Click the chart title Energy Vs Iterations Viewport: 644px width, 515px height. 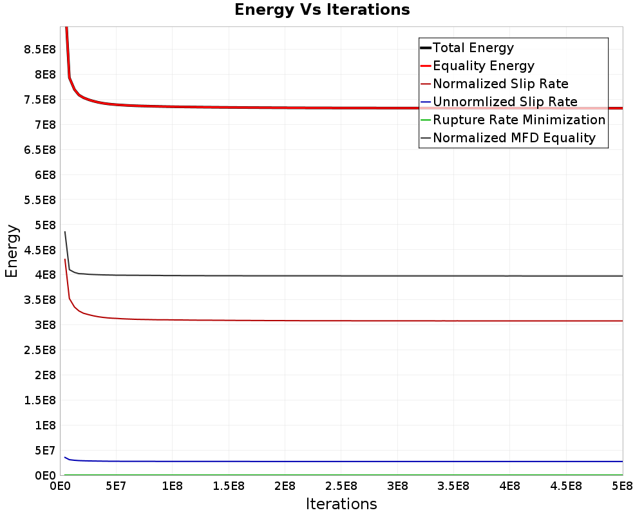coord(322,10)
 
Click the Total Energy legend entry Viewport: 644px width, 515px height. coord(468,48)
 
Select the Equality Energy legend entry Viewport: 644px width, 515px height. coord(478,66)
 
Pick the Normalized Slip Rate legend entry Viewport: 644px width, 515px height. coord(495,84)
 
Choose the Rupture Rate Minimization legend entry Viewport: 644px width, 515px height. coord(513,120)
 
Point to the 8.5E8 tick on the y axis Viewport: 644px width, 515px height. coord(40,50)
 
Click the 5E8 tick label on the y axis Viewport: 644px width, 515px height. coord(45,225)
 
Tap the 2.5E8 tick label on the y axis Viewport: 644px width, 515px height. coord(40,350)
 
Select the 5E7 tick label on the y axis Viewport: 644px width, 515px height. coord(45,451)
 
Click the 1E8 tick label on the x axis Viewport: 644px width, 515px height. coord(172,486)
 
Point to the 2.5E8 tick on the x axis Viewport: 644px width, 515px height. coord(341,486)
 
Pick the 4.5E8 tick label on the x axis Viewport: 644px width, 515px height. coord(566,486)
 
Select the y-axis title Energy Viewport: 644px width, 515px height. coord(12,251)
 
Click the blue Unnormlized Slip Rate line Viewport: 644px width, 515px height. coord(343,461)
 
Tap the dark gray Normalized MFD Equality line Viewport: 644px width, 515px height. coord(343,276)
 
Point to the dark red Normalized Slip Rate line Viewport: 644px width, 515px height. coord(343,321)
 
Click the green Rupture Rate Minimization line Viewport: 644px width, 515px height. coord(343,474)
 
